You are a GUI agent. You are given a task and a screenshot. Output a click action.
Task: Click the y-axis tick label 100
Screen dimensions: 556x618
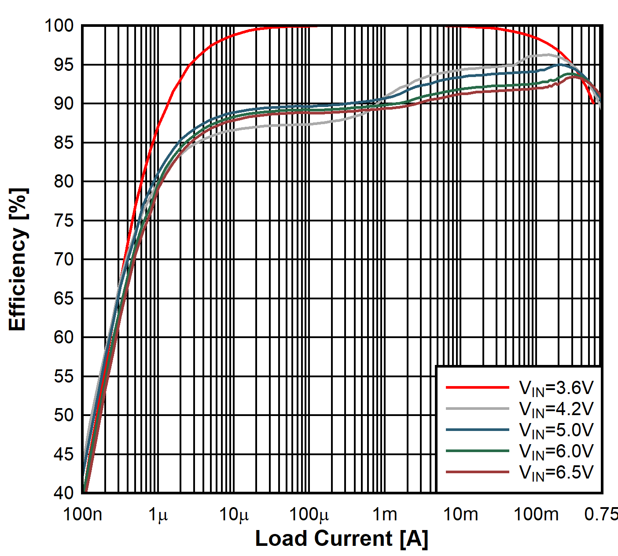tap(59, 26)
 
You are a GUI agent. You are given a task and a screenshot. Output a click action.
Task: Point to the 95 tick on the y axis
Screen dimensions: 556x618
tap(64, 65)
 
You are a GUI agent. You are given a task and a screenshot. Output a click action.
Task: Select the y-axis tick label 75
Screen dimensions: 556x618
tap(64, 220)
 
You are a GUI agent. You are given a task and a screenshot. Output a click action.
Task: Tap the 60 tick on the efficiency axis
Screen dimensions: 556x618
tap(64, 337)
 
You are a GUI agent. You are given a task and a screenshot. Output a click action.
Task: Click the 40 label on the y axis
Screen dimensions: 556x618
tap(64, 493)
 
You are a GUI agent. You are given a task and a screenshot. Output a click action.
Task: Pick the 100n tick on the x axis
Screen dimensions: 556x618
tap(83, 514)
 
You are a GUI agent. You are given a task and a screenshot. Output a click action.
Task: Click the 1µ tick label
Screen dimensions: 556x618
tap(158, 514)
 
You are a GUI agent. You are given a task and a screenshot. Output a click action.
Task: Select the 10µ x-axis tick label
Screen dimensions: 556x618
tap(234, 514)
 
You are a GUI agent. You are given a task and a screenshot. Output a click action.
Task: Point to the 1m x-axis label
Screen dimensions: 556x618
tap(385, 514)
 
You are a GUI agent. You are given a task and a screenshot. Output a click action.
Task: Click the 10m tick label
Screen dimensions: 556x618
tap(460, 514)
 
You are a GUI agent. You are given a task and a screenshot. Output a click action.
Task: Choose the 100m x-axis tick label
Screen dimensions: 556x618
tap(536, 514)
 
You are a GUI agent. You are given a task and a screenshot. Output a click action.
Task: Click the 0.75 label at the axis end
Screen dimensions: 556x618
tap(601, 514)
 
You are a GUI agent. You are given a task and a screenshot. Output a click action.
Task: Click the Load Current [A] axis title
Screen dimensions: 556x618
tap(342, 538)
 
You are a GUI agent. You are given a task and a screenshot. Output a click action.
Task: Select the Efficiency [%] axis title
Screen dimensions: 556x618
tap(18, 259)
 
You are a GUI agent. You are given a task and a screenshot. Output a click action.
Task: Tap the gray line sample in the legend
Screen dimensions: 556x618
tap(477, 409)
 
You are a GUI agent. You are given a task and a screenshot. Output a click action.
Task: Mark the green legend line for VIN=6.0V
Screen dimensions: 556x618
tap(477, 451)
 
